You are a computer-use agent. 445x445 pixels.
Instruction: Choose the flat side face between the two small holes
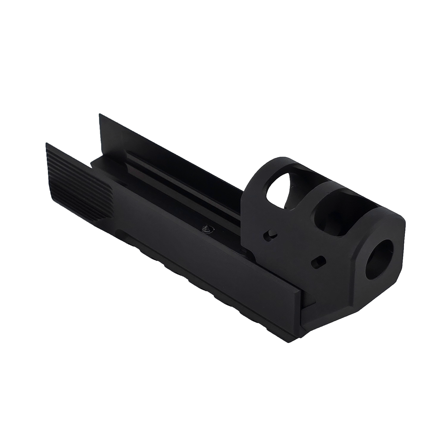[x=293, y=249]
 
